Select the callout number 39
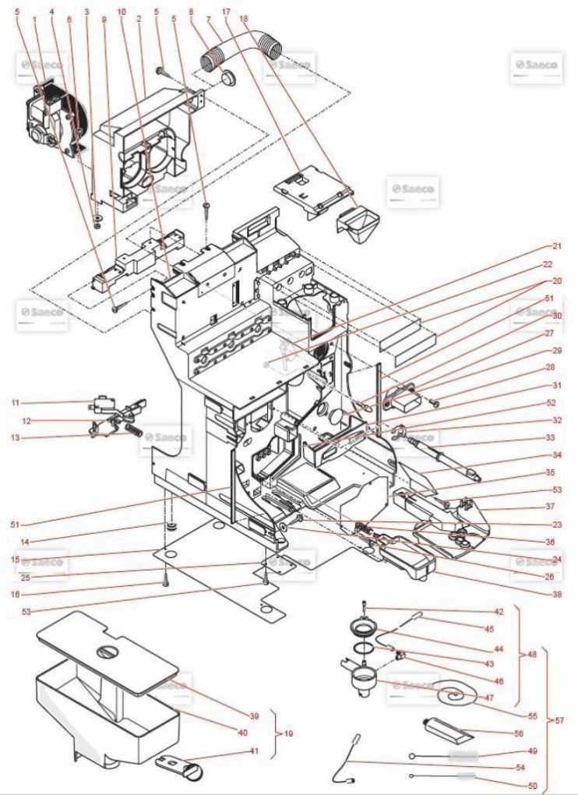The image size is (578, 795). [254, 715]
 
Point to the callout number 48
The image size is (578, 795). [531, 655]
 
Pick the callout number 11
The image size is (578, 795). [15, 402]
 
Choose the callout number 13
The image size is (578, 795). [15, 438]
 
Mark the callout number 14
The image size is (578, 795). [15, 540]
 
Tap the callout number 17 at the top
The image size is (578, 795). [226, 12]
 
